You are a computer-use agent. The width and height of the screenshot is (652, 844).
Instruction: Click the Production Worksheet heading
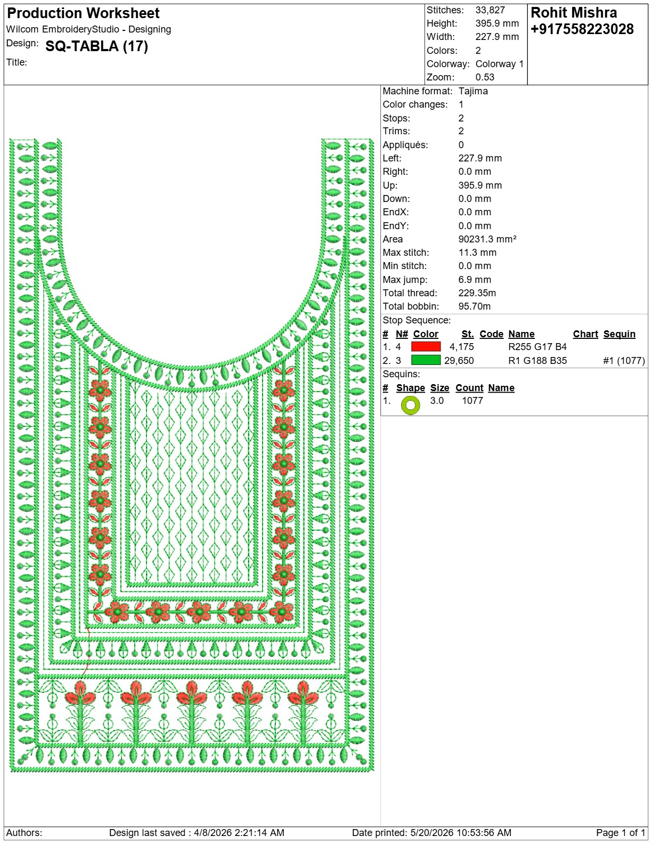coord(83,14)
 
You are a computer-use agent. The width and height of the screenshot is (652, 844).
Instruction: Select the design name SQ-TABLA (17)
coord(97,46)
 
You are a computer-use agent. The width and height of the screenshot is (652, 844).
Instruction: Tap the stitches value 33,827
coord(490,10)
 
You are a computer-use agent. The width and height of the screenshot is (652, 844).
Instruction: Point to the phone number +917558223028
coord(582,29)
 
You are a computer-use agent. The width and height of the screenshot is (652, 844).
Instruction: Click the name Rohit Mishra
coord(574,13)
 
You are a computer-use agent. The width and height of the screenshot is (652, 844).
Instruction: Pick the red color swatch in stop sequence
coord(426,346)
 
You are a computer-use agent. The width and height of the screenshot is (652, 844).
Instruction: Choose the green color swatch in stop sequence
coord(426,360)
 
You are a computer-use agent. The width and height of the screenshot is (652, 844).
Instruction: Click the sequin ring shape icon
coord(411,405)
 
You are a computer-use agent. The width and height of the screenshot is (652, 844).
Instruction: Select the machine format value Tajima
coord(473,91)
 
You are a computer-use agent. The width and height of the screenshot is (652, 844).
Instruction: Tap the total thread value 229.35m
coord(477,293)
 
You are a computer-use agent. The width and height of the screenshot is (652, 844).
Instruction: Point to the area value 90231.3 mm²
coord(487,239)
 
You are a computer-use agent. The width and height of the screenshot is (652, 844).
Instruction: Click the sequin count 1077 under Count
coord(472,401)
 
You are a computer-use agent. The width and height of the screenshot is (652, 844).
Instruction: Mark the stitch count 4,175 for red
coord(461,347)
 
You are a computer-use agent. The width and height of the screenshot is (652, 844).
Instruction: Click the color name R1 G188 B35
coord(537,360)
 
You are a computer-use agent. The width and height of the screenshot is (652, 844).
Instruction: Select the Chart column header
coord(585,334)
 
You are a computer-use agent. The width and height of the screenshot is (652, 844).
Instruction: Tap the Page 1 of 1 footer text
coord(621,833)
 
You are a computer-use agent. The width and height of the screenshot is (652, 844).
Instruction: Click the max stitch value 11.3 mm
coord(477,253)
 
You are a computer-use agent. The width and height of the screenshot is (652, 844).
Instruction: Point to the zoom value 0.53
coord(485,77)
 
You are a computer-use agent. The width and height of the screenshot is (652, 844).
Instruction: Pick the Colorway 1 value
coord(500,64)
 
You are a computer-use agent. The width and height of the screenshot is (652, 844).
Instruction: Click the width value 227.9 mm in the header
coord(497,37)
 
